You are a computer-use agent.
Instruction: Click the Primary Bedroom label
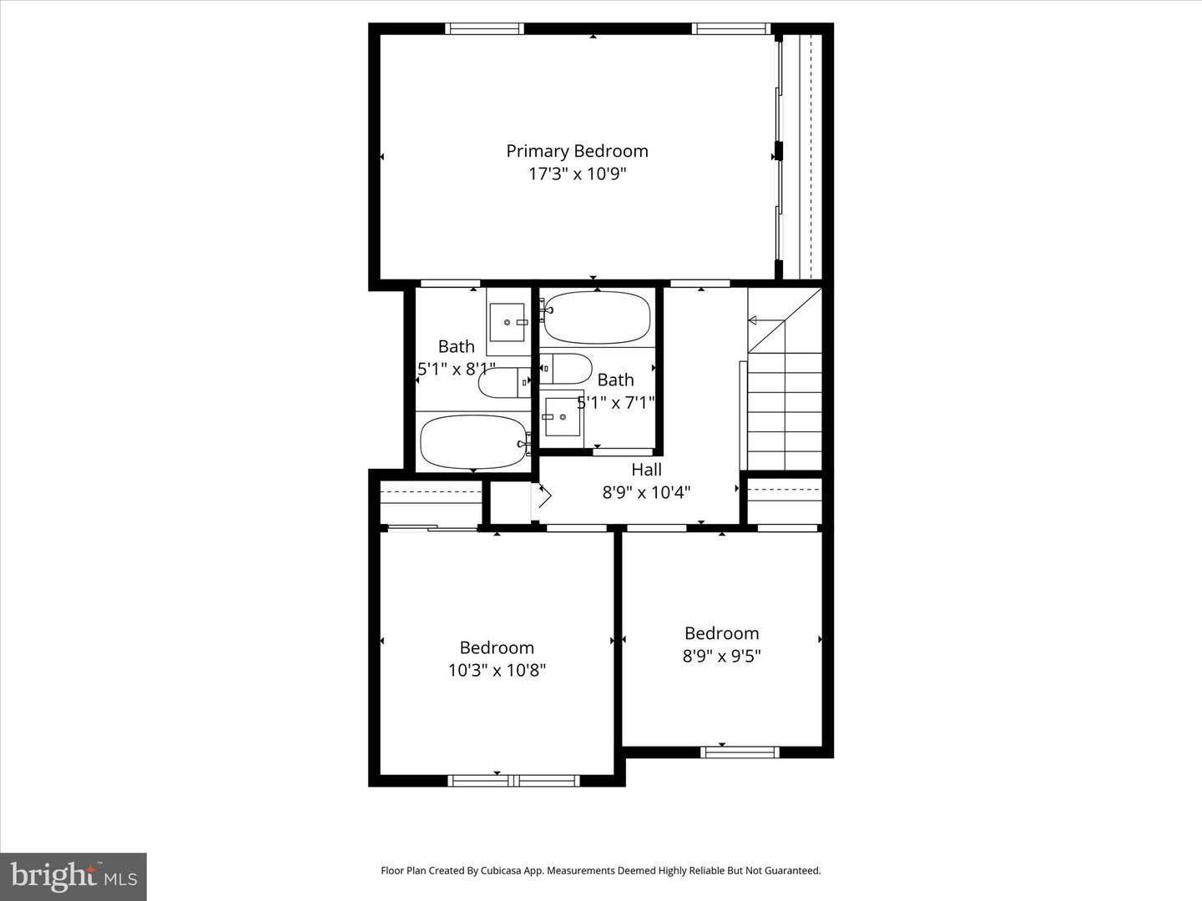pyautogui.click(x=577, y=151)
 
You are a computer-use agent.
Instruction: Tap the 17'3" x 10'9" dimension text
pyautogui.click(x=577, y=174)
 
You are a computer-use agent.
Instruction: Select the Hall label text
pyautogui.click(x=646, y=470)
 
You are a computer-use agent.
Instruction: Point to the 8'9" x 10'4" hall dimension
pyautogui.click(x=646, y=493)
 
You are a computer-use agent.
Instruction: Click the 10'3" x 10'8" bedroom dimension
pyautogui.click(x=497, y=671)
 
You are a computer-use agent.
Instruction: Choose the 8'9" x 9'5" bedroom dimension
pyautogui.click(x=721, y=657)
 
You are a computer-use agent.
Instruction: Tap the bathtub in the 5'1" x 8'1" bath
pyautogui.click(x=473, y=442)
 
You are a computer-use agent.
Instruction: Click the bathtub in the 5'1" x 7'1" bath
pyautogui.click(x=597, y=318)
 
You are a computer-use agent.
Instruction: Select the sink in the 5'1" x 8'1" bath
pyautogui.click(x=507, y=323)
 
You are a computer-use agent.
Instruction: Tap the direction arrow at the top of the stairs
pyautogui.click(x=752, y=320)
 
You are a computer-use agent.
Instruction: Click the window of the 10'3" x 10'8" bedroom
pyautogui.click(x=514, y=781)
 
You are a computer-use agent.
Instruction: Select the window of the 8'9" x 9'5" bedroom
pyautogui.click(x=740, y=752)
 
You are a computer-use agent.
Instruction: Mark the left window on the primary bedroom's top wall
pyautogui.click(x=484, y=28)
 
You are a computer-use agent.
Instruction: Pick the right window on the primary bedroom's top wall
pyautogui.click(x=731, y=28)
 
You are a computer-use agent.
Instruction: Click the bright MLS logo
pyautogui.click(x=73, y=877)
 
